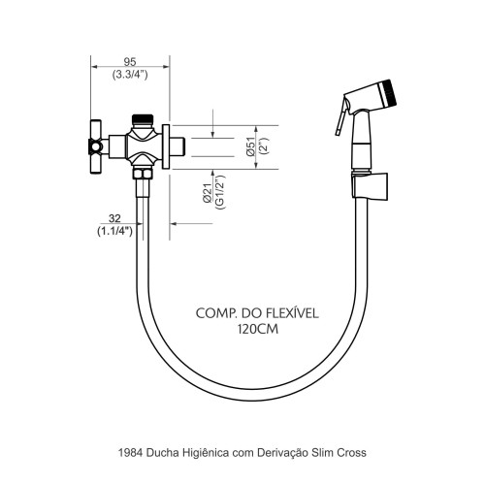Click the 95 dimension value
tap(130, 61)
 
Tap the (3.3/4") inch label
tap(130, 75)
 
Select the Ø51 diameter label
tap(251, 147)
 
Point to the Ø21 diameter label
tap(208, 193)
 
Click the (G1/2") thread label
tap(220, 192)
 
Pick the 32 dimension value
tap(114, 218)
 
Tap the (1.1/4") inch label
tap(114, 231)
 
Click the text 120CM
tap(258, 329)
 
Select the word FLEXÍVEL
tap(293, 313)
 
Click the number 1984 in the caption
tap(131, 453)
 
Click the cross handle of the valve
tap(95, 147)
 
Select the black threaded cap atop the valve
tap(143, 119)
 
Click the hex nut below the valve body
tap(143, 173)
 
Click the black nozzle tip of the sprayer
tap(388, 92)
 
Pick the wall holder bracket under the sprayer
tap(370, 186)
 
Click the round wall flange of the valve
tap(166, 146)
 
